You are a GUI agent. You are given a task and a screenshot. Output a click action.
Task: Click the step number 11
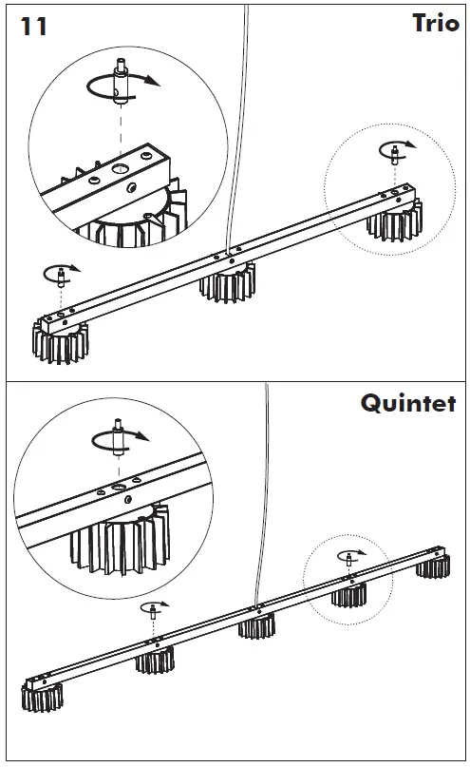[34, 27]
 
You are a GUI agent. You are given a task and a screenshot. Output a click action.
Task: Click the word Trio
[435, 23]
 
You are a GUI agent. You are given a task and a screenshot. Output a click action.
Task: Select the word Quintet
[408, 404]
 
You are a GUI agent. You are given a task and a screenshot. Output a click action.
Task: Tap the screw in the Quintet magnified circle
[118, 437]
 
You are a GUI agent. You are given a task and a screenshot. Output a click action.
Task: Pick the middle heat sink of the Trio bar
[228, 282]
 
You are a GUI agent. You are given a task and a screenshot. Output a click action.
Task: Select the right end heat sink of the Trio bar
[394, 221]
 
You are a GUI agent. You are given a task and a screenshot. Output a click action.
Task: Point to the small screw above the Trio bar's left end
[62, 278]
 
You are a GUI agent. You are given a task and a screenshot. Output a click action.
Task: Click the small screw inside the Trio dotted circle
[395, 154]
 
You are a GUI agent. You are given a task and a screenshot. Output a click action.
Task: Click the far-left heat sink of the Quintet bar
[43, 697]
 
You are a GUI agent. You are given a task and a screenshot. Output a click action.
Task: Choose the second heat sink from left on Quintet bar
[156, 660]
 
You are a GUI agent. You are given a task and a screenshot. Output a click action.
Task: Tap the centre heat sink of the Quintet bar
[257, 625]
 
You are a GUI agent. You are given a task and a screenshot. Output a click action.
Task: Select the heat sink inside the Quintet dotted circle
[348, 594]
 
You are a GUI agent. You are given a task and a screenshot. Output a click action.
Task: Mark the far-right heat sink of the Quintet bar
[433, 566]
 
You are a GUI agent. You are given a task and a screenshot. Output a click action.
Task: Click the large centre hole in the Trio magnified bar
[119, 169]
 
